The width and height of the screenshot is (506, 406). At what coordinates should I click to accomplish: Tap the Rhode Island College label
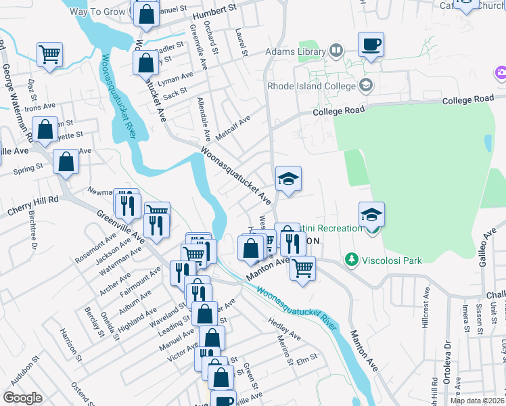(x=311, y=86)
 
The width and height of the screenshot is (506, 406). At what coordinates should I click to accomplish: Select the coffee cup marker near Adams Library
(x=371, y=45)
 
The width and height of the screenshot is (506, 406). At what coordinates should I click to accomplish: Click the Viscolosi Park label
(x=384, y=259)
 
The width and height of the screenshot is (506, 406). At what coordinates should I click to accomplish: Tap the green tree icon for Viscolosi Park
(x=351, y=259)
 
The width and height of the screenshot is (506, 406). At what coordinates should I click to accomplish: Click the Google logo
(x=22, y=398)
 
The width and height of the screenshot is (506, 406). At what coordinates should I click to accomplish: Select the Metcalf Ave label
(x=233, y=128)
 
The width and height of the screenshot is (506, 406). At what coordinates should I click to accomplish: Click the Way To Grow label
(x=98, y=11)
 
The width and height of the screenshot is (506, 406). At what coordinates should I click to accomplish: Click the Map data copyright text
(x=478, y=401)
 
